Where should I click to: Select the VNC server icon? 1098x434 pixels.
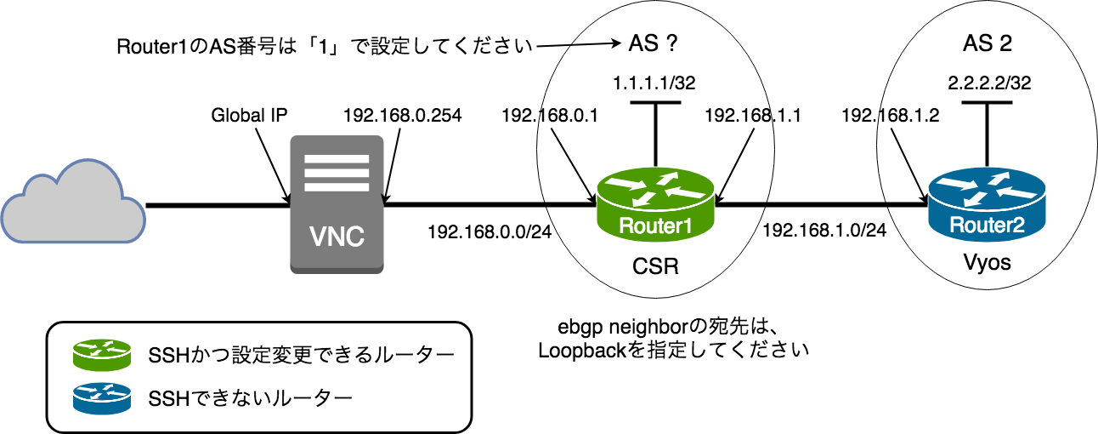point(336,204)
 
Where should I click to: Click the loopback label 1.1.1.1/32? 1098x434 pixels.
point(655,83)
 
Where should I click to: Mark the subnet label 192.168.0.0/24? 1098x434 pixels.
point(490,231)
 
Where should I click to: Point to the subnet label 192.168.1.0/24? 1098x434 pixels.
point(824,231)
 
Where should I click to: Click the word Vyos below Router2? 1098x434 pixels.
point(986,263)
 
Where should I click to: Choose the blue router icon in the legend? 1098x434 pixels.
point(102,397)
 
